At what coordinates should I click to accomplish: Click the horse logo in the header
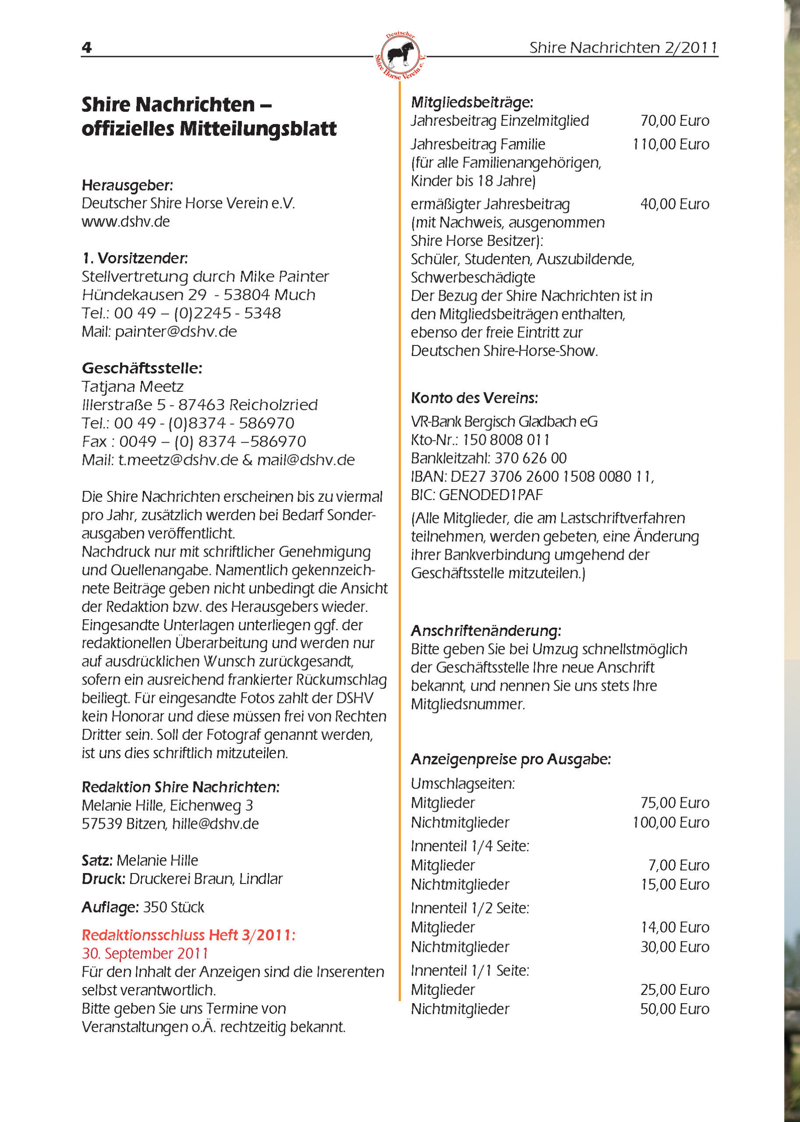(x=400, y=55)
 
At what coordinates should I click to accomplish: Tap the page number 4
(x=87, y=48)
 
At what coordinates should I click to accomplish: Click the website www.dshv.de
(x=126, y=221)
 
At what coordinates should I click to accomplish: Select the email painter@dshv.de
(x=176, y=331)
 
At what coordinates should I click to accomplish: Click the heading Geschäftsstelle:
(x=142, y=368)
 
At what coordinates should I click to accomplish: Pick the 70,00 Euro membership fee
(x=674, y=121)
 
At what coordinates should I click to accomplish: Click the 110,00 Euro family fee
(x=670, y=144)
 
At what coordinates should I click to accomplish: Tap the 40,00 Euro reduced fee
(x=674, y=204)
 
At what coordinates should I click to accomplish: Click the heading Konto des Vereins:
(x=474, y=398)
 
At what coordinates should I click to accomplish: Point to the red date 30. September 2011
(x=145, y=953)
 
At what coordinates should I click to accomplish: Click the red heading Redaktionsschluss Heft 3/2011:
(x=188, y=935)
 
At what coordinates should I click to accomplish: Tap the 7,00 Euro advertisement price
(x=678, y=865)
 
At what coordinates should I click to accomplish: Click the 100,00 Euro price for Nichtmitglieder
(x=670, y=822)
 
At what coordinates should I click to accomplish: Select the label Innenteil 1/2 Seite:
(x=470, y=908)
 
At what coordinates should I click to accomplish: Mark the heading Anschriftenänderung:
(x=486, y=631)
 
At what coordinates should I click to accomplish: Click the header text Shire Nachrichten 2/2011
(x=623, y=47)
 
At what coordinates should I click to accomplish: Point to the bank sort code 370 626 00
(x=531, y=458)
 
